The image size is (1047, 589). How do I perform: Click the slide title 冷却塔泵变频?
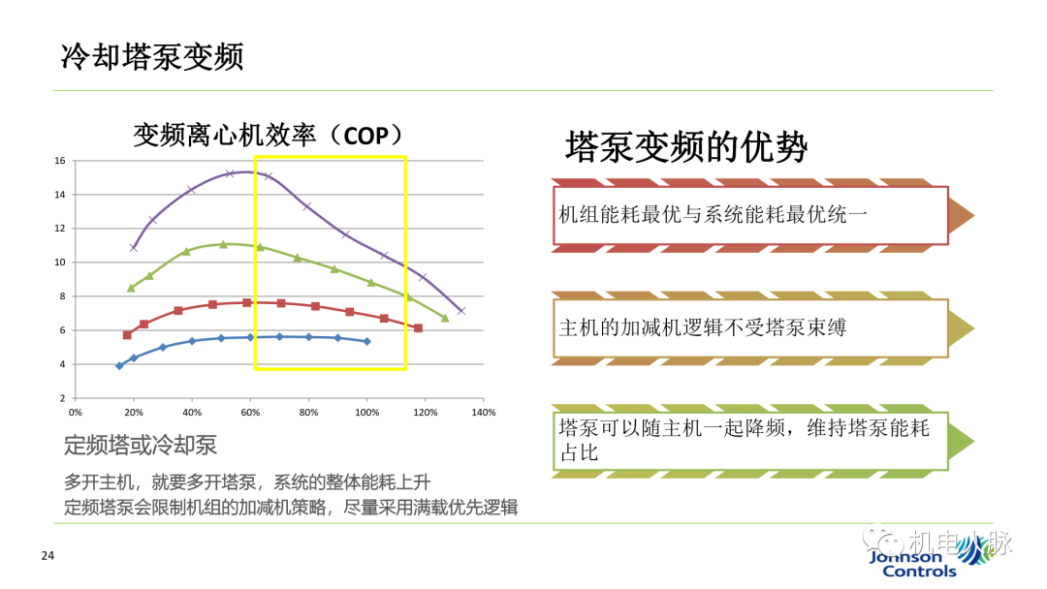click(152, 55)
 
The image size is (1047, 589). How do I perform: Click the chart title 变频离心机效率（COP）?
click(268, 136)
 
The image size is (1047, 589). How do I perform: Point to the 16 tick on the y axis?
click(59, 161)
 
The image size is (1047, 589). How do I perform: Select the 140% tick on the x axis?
click(483, 412)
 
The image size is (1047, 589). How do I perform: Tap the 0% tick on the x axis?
click(76, 412)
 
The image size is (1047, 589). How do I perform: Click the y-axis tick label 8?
click(61, 296)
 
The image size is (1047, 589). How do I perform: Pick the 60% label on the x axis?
click(250, 412)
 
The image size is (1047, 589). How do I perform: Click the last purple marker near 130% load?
click(460, 311)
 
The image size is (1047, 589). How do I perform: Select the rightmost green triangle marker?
click(445, 317)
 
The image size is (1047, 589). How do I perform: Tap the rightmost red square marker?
click(418, 328)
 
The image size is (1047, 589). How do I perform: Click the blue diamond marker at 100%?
click(366, 341)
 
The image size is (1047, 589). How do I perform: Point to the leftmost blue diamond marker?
click(119, 365)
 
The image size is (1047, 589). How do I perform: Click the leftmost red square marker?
click(127, 335)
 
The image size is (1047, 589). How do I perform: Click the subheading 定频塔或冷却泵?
click(141, 446)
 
